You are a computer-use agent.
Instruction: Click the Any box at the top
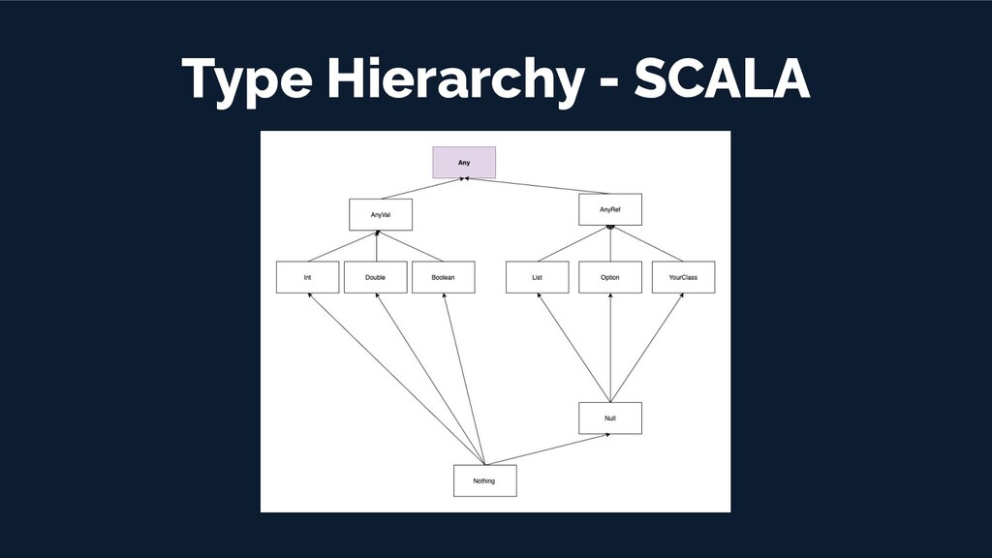click(464, 163)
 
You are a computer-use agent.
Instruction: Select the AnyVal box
click(381, 215)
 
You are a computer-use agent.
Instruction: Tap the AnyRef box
click(610, 209)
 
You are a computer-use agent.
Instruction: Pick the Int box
click(307, 277)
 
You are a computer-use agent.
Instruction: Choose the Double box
click(375, 277)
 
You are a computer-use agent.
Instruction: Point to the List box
click(537, 277)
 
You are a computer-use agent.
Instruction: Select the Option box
click(609, 277)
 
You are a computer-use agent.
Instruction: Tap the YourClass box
click(683, 277)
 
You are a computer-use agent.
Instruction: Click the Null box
click(609, 418)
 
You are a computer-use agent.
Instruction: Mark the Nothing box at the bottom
click(484, 480)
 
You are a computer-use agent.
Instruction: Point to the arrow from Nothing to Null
click(547, 449)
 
